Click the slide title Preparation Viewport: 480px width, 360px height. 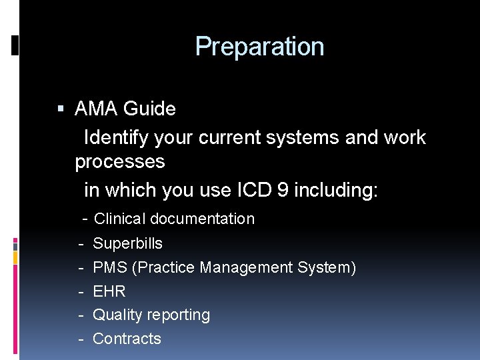click(x=259, y=47)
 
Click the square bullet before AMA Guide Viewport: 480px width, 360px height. click(x=61, y=108)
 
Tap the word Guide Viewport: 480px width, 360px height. click(x=150, y=109)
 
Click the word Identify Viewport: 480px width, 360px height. click(x=117, y=138)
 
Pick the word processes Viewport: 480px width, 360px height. click(x=120, y=162)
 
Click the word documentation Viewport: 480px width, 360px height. click(x=203, y=219)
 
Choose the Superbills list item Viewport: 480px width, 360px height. click(x=127, y=243)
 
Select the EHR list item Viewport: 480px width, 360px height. click(x=109, y=291)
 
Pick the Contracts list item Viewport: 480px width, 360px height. click(x=127, y=339)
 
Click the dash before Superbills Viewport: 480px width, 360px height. click(x=80, y=243)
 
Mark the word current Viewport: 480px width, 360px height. click(x=224, y=138)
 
